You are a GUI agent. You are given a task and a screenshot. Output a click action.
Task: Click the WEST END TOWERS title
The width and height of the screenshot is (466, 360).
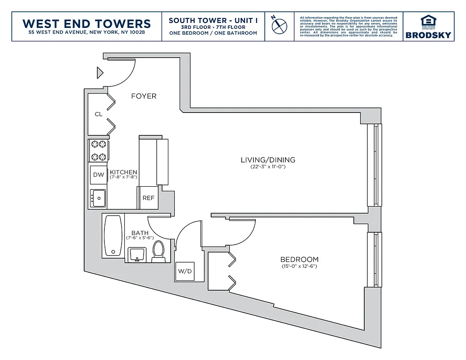[86, 23]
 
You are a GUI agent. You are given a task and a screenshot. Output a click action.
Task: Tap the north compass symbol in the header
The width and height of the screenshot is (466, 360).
[279, 25]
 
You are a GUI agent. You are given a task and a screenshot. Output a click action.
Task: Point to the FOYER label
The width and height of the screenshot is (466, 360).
[144, 96]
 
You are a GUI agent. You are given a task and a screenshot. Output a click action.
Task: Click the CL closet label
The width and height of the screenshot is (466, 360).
[98, 114]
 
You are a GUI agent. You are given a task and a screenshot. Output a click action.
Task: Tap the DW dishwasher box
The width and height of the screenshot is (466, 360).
[99, 175]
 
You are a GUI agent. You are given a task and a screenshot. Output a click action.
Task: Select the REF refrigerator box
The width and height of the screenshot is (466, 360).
[148, 198]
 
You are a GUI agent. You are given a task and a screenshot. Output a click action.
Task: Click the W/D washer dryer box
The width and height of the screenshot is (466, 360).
[185, 271]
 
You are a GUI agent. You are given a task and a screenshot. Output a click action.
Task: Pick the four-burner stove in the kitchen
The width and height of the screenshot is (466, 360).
[99, 151]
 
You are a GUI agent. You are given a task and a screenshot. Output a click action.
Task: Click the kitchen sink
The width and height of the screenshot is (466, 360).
[98, 198]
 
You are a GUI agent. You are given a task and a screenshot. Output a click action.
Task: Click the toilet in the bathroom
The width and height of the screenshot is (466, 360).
[158, 252]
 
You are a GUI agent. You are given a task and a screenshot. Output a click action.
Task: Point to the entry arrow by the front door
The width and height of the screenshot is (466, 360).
[100, 72]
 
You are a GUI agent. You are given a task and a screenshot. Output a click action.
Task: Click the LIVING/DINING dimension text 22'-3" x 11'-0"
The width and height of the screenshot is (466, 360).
[268, 166]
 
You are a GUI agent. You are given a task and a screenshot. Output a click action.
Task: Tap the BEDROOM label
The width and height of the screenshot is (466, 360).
[299, 260]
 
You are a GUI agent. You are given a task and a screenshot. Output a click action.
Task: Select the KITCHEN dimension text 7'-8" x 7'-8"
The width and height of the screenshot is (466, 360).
[123, 177]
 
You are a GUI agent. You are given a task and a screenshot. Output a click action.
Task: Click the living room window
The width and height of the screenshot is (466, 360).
[374, 165]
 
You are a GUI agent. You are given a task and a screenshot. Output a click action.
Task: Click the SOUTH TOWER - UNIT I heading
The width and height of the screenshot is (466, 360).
[213, 21]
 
